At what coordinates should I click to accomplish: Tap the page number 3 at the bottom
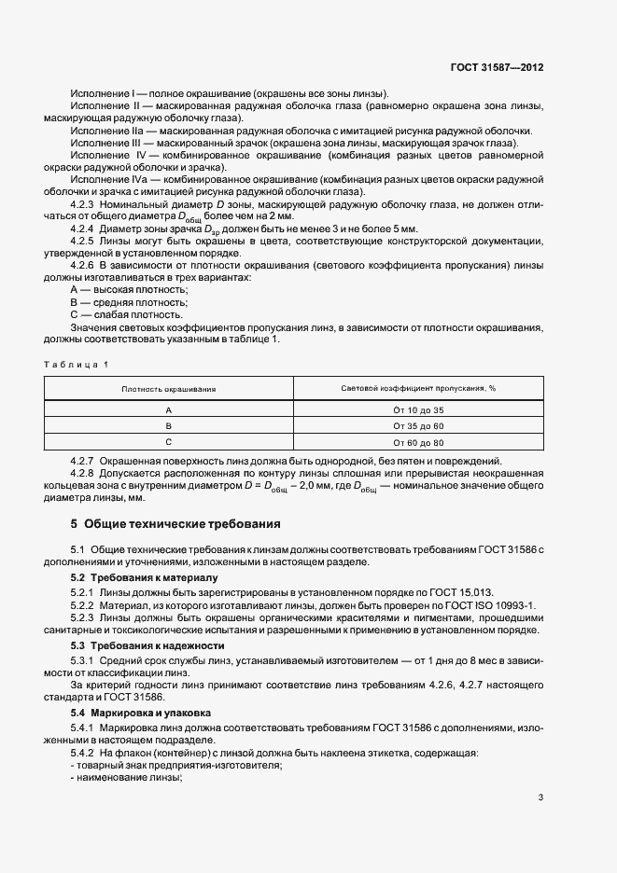pyautogui.click(x=542, y=797)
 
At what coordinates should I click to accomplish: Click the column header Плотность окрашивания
pyautogui.click(x=169, y=388)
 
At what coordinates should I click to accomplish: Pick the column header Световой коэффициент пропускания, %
pyautogui.click(x=418, y=388)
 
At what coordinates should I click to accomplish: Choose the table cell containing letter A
pyautogui.click(x=169, y=410)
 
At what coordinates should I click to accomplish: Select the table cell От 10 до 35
pyautogui.click(x=418, y=410)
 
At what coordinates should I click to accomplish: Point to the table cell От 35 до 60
pyautogui.click(x=418, y=426)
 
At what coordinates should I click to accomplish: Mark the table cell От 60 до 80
pyautogui.click(x=418, y=442)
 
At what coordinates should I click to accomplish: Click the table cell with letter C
pyautogui.click(x=169, y=442)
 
